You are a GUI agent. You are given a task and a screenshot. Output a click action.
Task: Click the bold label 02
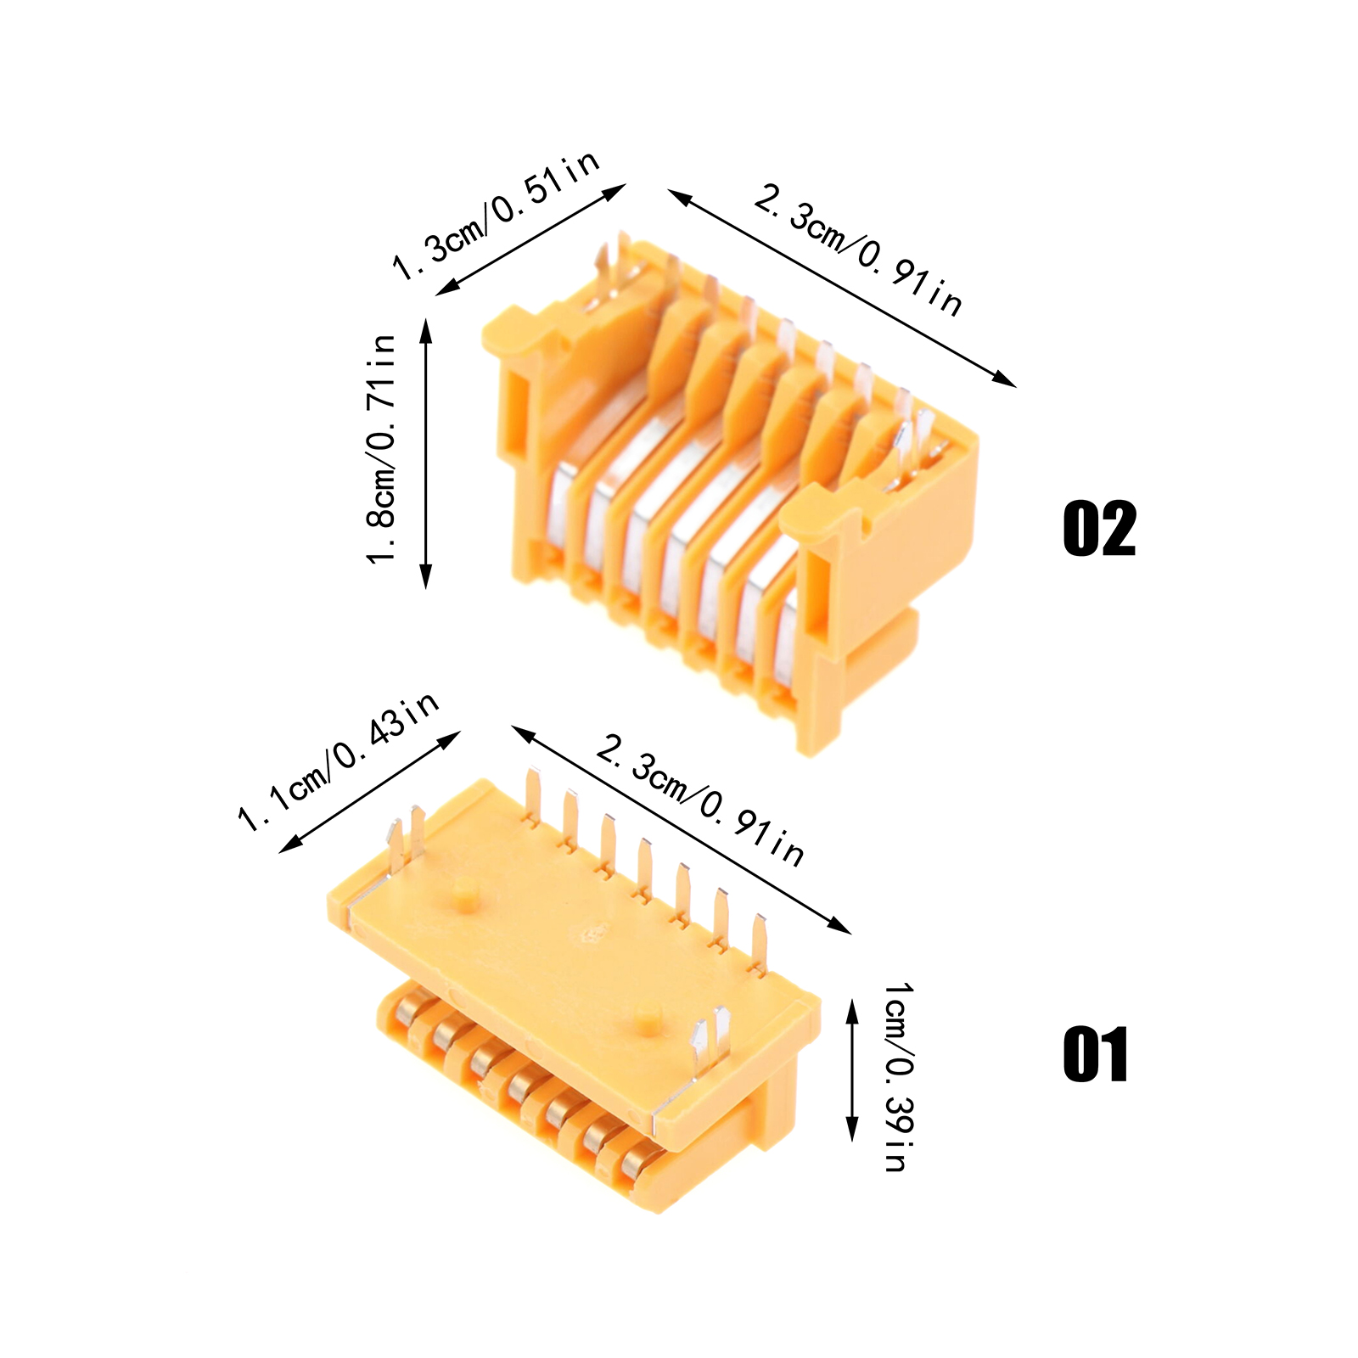click(1099, 529)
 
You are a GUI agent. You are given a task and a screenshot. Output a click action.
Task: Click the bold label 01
click(1096, 1054)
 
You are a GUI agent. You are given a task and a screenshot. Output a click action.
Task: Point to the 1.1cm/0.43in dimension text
click(339, 761)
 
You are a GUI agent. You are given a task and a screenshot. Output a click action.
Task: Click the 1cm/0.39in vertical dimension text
click(898, 1077)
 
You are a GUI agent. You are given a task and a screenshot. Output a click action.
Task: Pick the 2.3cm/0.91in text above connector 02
click(858, 250)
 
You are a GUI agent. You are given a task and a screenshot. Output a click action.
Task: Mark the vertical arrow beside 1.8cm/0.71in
click(426, 453)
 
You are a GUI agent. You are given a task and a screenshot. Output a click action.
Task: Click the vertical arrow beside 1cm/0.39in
click(852, 1070)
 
